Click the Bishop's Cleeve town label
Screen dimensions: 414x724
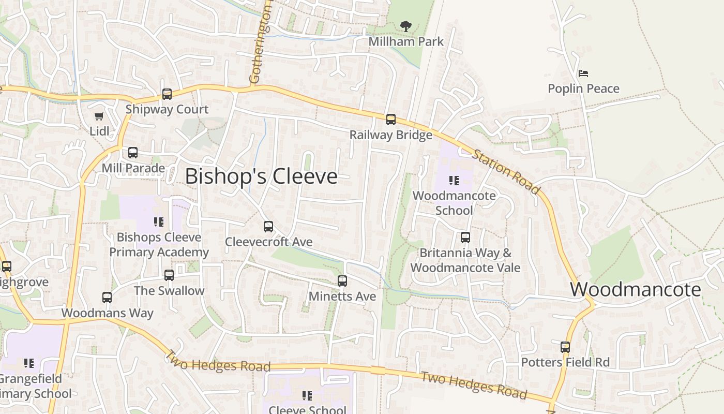pos(261,176)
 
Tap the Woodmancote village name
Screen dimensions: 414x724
pos(636,289)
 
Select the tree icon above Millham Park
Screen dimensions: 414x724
pos(406,26)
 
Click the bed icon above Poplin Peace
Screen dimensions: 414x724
pos(583,73)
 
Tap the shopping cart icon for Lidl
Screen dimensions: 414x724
pos(99,116)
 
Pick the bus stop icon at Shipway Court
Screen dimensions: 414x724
pos(167,94)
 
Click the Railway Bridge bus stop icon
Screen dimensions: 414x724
pos(391,120)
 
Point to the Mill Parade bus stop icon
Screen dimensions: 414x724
pos(133,153)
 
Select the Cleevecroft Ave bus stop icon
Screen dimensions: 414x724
pos(268,226)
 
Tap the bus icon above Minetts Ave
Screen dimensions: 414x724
pos(342,281)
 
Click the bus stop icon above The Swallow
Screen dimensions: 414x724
pos(169,275)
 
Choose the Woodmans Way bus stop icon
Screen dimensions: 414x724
pos(107,298)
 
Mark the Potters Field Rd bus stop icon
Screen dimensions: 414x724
pos(565,347)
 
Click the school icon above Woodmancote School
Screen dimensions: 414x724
pos(454,181)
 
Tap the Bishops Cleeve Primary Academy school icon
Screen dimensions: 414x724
pos(159,222)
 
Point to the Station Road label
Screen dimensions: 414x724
pos(506,172)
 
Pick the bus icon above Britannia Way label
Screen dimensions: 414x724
pos(465,238)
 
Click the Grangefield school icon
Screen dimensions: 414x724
pos(29,363)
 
